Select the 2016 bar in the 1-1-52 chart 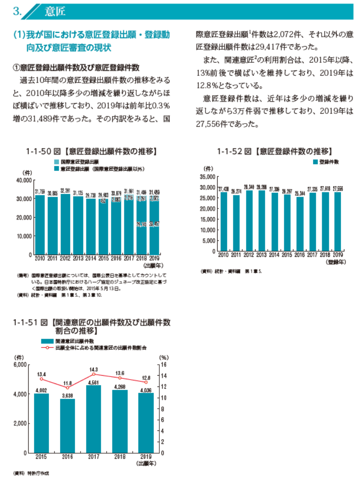(x=299, y=224)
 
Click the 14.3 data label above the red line (x=94, y=370)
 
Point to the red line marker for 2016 (x=67, y=387)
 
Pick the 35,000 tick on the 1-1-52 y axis (x=208, y=177)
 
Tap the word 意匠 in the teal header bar (x=55, y=11)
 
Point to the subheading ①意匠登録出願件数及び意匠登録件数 (x=77, y=67)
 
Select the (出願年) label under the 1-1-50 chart (x=151, y=264)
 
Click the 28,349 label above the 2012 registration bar (x=249, y=185)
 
